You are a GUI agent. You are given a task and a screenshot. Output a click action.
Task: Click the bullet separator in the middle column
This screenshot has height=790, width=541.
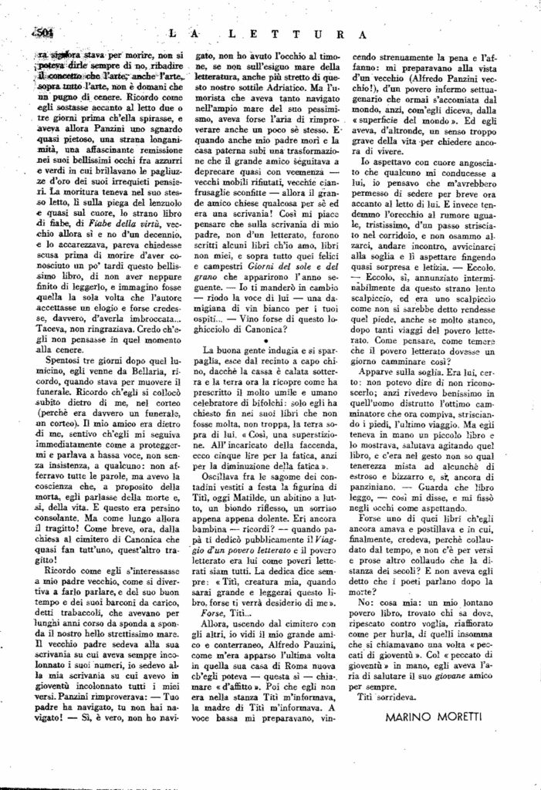click(266, 341)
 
